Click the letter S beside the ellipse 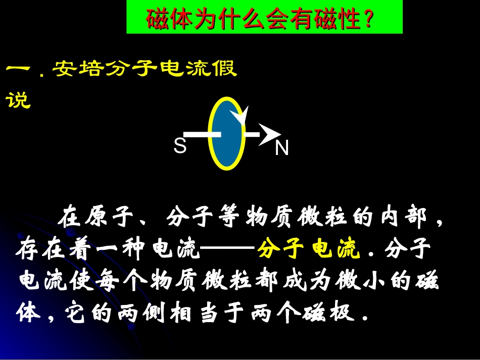(x=180, y=146)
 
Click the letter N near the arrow (x=281, y=148)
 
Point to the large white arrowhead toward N (x=269, y=135)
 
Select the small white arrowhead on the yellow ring (x=243, y=116)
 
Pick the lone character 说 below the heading (x=18, y=100)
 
